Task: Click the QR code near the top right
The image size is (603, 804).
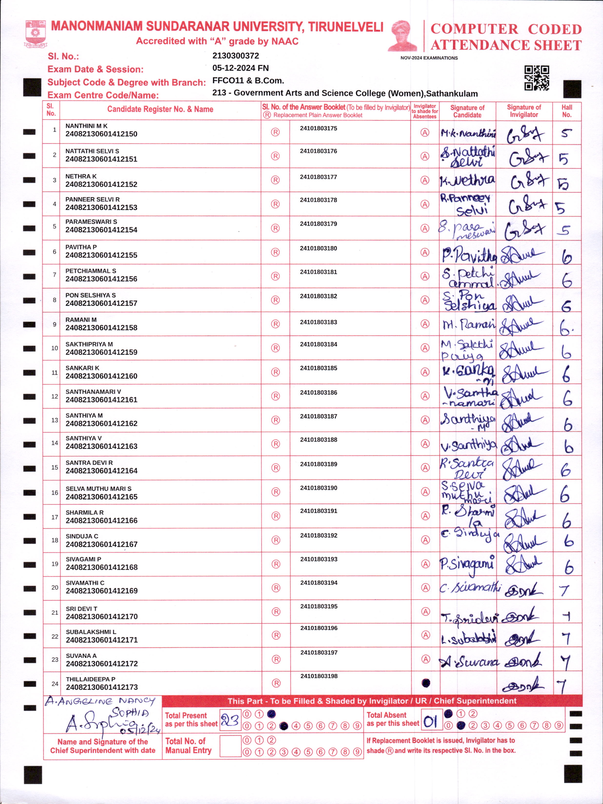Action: (x=536, y=78)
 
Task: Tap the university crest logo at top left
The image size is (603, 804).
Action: (x=35, y=34)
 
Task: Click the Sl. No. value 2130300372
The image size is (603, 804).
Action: (x=236, y=56)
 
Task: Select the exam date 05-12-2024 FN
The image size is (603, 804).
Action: (x=240, y=68)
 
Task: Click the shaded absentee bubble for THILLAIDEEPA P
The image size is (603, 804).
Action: (x=426, y=683)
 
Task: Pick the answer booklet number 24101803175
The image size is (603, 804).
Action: (x=318, y=128)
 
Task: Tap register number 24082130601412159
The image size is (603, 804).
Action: (x=101, y=352)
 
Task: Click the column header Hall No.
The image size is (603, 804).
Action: (x=567, y=111)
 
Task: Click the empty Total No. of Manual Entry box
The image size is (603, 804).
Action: (x=231, y=746)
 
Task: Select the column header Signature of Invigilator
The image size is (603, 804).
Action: (x=524, y=111)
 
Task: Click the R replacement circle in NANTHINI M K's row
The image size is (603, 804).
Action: (x=275, y=132)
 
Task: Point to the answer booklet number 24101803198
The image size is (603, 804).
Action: (x=319, y=676)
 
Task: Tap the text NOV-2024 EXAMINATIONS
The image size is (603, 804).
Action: (x=429, y=58)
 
